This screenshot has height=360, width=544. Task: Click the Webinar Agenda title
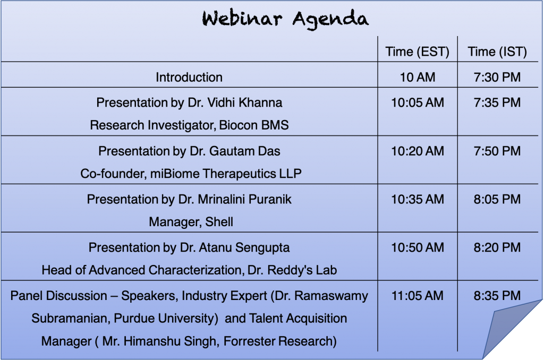pyautogui.click(x=285, y=19)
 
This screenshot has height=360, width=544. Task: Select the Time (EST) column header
pyautogui.click(x=418, y=52)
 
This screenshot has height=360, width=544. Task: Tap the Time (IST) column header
pyautogui.click(x=497, y=52)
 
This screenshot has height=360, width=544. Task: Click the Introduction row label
pyautogui.click(x=189, y=77)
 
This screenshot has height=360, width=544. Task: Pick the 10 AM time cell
pyautogui.click(x=418, y=77)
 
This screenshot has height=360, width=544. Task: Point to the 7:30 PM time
pyautogui.click(x=497, y=77)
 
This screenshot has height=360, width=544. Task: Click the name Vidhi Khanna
pyautogui.click(x=244, y=102)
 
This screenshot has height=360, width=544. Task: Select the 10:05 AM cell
pyautogui.click(x=418, y=102)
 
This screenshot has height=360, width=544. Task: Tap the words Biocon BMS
pyautogui.click(x=254, y=125)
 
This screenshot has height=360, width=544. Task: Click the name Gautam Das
pyautogui.click(x=244, y=151)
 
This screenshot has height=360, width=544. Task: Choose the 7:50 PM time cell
pyautogui.click(x=497, y=151)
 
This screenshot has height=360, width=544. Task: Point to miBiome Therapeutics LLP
pyautogui.click(x=226, y=174)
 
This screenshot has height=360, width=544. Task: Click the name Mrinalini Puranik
pyautogui.click(x=244, y=200)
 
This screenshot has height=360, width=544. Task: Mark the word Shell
pyautogui.click(x=219, y=222)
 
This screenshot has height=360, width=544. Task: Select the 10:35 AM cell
pyautogui.click(x=418, y=200)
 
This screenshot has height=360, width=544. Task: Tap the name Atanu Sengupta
pyautogui.click(x=244, y=247)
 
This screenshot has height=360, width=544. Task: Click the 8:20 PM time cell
pyautogui.click(x=497, y=247)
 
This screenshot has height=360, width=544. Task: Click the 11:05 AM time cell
pyautogui.click(x=418, y=296)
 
